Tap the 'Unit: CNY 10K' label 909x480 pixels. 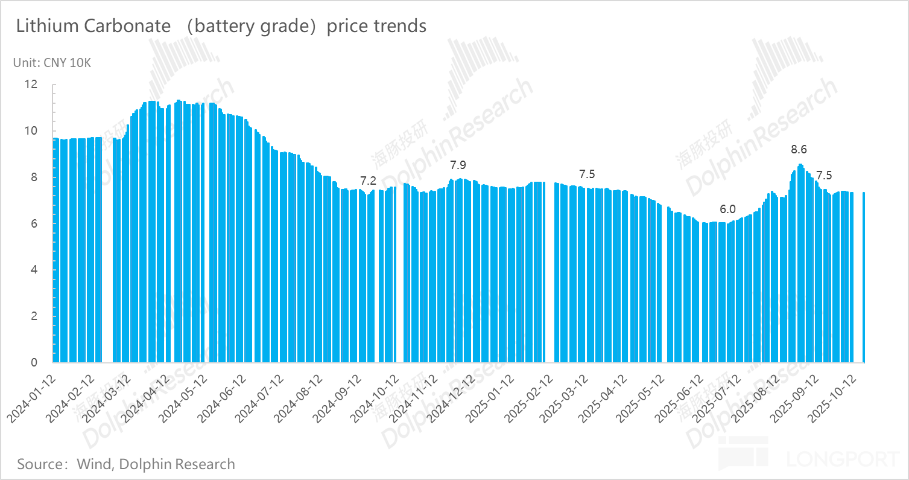point(52,63)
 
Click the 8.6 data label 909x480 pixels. point(799,149)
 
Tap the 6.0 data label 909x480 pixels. point(727,210)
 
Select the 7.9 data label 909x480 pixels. point(458,165)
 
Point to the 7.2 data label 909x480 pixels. point(368,180)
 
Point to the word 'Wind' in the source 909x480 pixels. point(94,464)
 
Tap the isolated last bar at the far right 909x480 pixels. point(864,277)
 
